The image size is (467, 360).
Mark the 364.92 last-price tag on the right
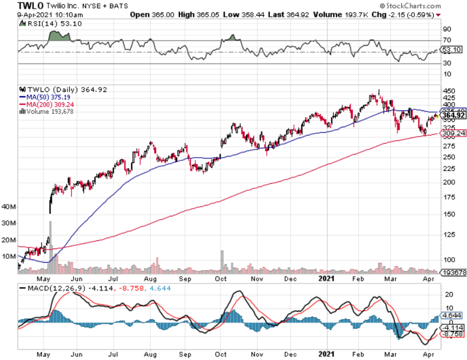[x=454, y=116]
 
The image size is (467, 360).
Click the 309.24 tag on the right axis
[x=454, y=134]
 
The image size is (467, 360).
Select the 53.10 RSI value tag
[x=453, y=50]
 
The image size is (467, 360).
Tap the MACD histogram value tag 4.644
[x=453, y=316]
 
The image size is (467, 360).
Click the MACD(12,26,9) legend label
[x=51, y=288]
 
